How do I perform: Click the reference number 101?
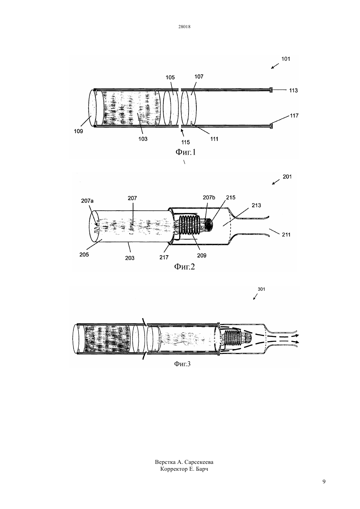pos(286,59)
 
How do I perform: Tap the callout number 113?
pos(294,90)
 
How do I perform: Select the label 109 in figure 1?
pos(79,131)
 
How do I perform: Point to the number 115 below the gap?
pos(186,142)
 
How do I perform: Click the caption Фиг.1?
pos(186,152)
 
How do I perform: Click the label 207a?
pos(87,201)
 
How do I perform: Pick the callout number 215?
pos(231,198)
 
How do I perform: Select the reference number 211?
pos(286,235)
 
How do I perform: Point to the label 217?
pos(164,257)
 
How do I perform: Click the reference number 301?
pos(261,289)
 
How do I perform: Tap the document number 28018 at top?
pos(184,26)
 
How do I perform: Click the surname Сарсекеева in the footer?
pos(199,462)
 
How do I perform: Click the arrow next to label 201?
pos(276,182)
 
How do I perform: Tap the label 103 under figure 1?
pos(143,139)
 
